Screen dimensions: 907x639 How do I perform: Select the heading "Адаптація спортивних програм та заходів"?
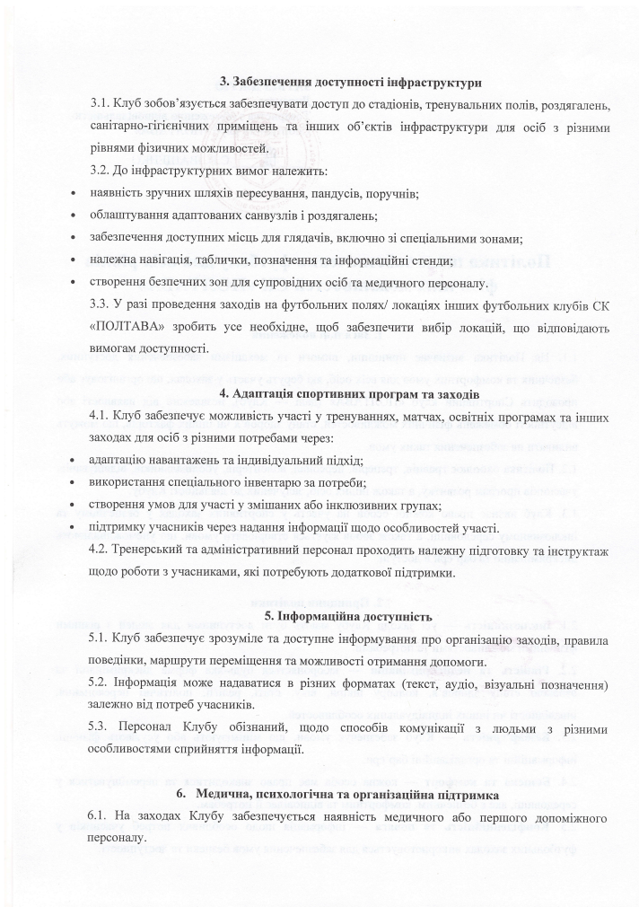point(356,393)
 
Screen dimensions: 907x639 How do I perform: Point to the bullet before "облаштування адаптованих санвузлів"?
point(73,216)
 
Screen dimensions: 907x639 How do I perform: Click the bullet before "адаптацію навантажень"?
point(73,460)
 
